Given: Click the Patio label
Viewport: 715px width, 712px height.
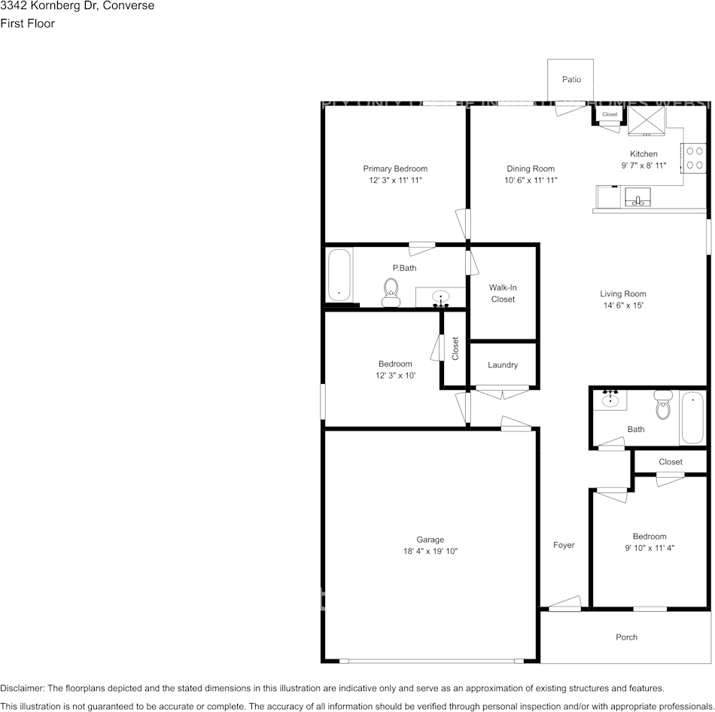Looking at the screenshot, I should [571, 79].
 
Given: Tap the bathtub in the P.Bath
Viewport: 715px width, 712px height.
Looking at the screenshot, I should [339, 276].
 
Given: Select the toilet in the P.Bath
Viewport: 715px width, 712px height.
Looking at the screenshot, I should [391, 292].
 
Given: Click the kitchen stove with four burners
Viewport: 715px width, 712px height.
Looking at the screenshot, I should [695, 158].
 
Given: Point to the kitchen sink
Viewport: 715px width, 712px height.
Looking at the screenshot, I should [638, 198].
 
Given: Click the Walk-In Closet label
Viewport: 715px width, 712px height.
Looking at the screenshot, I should [503, 293].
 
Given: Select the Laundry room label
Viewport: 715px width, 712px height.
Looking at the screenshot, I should [503, 365].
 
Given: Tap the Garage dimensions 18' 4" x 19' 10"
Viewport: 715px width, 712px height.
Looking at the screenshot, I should [431, 551].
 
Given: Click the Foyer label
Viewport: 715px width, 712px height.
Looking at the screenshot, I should [564, 545].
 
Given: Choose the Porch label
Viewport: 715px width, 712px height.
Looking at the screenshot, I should [626, 637].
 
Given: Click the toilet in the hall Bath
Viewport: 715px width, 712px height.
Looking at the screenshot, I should [663, 406].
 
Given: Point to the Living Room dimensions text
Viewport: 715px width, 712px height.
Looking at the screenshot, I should [623, 306].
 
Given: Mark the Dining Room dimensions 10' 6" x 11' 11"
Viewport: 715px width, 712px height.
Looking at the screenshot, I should [531, 180].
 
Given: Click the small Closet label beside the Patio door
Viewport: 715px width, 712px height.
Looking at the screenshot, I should [610, 114].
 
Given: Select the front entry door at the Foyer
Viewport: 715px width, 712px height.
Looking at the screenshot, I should [564, 604].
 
